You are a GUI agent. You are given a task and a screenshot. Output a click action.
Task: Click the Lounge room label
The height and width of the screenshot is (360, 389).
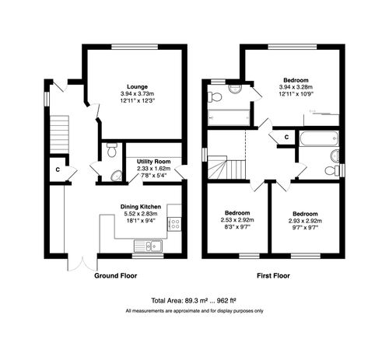coord(138,86)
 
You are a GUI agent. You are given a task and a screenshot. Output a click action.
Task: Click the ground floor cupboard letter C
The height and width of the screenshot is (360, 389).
coord(58,169)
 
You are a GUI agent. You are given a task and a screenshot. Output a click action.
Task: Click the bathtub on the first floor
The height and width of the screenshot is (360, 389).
coord(319,141)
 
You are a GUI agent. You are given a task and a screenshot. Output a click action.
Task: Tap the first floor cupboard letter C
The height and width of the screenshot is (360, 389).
coord(286,138)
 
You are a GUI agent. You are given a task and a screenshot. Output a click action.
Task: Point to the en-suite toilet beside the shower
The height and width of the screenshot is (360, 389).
coord(216,96)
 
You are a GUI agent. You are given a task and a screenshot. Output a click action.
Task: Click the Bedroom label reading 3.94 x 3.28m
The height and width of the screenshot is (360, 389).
coord(296,80)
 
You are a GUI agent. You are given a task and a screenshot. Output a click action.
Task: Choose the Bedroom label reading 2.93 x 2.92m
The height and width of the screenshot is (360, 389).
coord(304,213)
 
